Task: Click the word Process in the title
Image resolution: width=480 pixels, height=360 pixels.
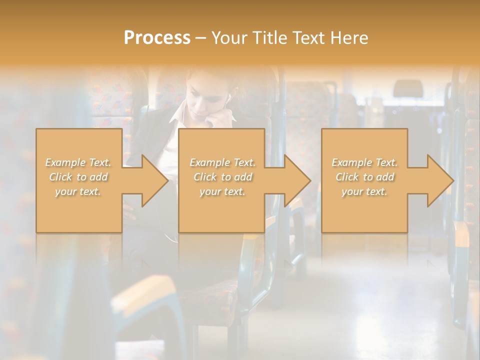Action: [x=157, y=38]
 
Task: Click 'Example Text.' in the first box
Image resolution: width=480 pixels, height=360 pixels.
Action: [x=78, y=162]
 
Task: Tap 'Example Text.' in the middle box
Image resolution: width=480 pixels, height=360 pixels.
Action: [x=222, y=162]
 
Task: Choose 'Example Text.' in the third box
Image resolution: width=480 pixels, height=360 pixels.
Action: [x=364, y=162]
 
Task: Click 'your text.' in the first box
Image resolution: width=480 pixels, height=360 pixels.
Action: [x=78, y=191]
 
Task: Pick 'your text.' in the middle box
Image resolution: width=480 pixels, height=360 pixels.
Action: [x=222, y=191]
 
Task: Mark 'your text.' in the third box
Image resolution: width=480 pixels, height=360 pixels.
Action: [x=364, y=191]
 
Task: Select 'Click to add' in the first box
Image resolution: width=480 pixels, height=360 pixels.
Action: [x=78, y=177]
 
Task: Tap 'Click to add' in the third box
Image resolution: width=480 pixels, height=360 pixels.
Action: [x=364, y=177]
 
